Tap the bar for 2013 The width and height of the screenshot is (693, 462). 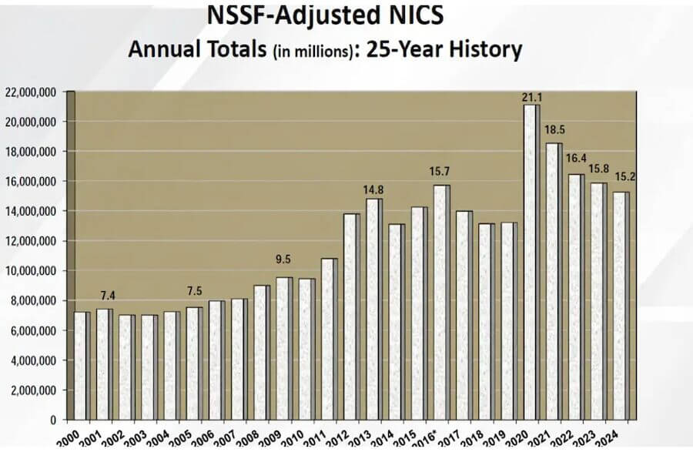point(373,309)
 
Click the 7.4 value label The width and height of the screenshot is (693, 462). point(105,296)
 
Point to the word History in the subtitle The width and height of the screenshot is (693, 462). point(483,50)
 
